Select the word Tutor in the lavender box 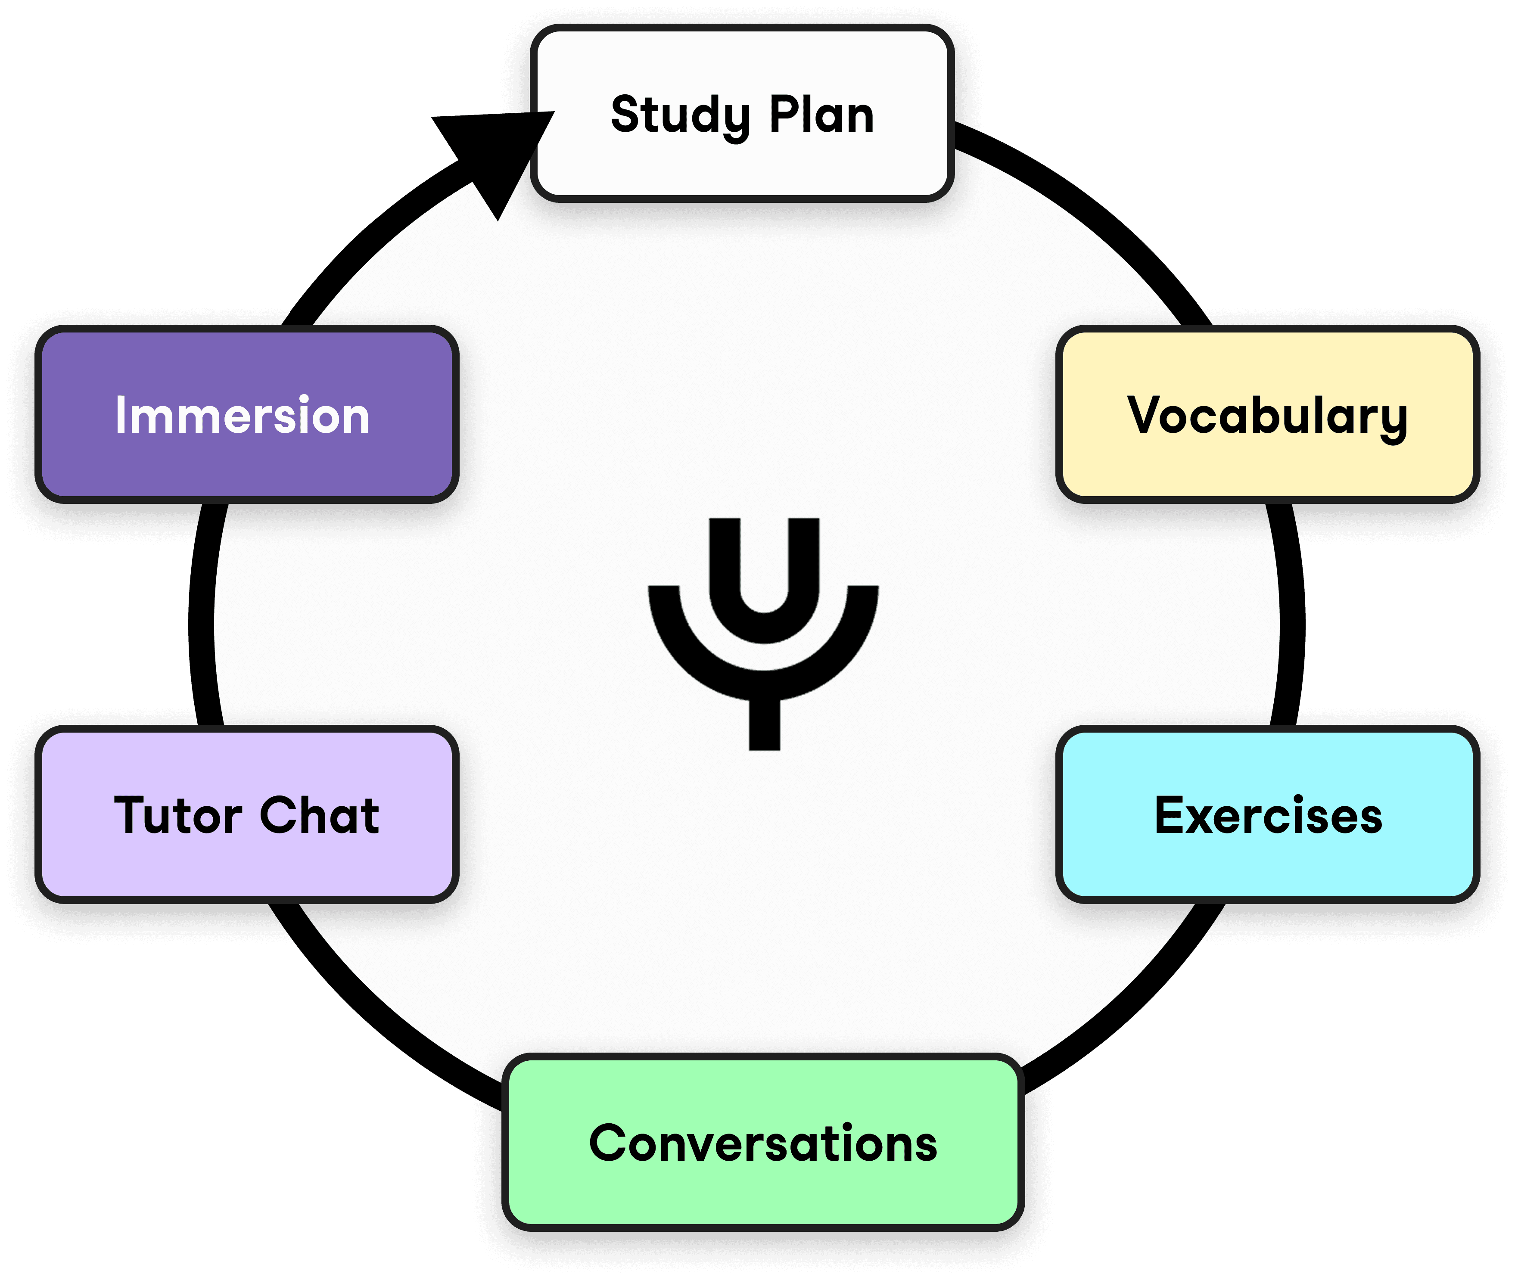pos(177,816)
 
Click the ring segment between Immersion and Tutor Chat pos(203,615)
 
